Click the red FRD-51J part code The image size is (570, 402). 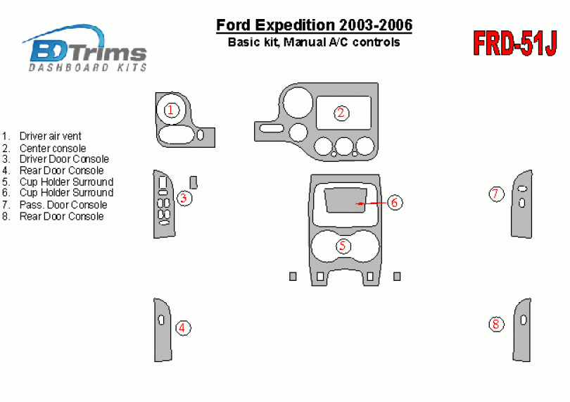click(514, 43)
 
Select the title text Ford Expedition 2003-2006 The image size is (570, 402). click(314, 25)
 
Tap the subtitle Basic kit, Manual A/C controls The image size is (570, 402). click(314, 42)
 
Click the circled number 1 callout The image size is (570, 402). click(171, 110)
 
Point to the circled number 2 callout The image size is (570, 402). click(341, 113)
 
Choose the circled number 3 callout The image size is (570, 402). click(184, 199)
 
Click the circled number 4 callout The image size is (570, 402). click(182, 328)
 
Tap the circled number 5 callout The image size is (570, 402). click(343, 246)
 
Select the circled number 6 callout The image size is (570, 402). click(395, 203)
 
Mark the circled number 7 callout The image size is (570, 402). click(496, 194)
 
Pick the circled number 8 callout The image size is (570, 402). click(496, 324)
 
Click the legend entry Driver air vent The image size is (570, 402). click(51, 136)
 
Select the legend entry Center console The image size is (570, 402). click(53, 148)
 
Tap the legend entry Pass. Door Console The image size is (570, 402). click(63, 205)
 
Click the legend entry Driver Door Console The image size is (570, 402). click(64, 159)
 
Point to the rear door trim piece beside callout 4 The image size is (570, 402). click(162, 342)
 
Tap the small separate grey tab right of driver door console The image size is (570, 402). click(194, 182)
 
